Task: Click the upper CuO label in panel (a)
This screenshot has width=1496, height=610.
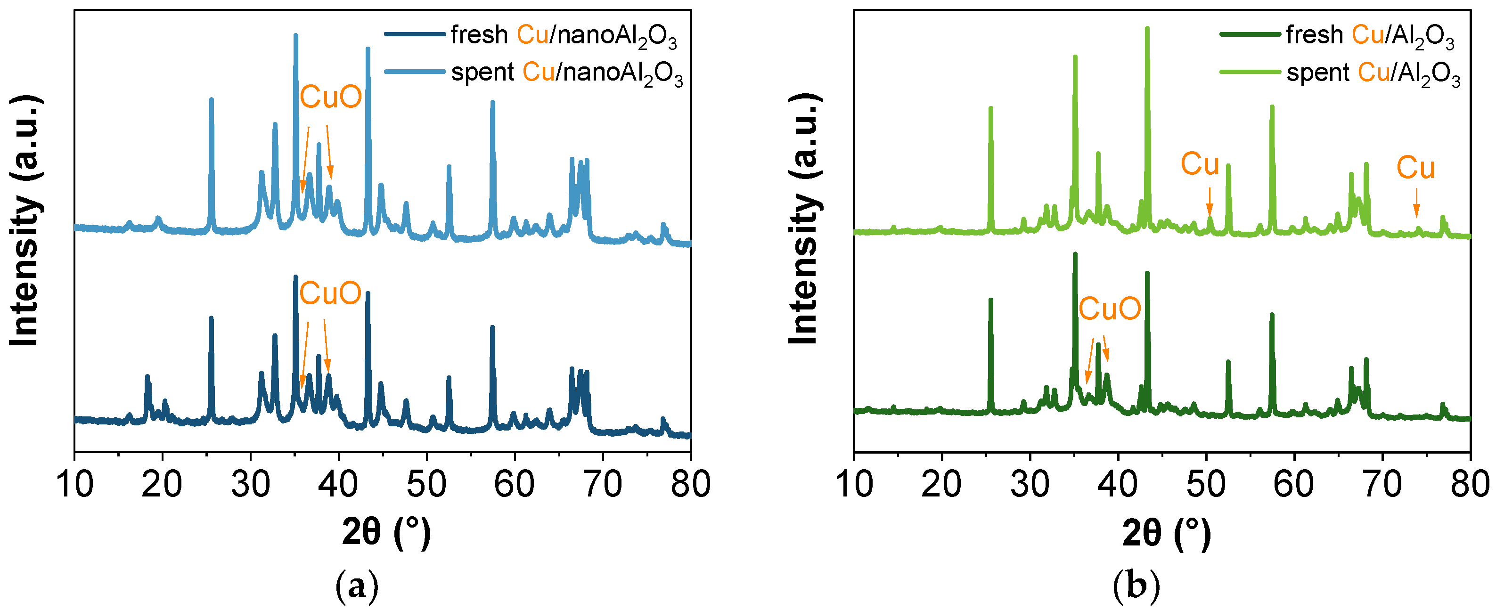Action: (330, 97)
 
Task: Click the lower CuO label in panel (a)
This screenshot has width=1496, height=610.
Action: (330, 293)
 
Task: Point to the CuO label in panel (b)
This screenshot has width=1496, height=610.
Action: (1109, 309)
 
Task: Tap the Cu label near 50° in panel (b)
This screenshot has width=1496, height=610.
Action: (1199, 164)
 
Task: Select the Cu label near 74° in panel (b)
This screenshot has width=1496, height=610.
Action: (1415, 168)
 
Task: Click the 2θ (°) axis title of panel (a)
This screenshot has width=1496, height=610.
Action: (386, 532)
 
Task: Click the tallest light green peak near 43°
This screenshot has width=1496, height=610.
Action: (1147, 29)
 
